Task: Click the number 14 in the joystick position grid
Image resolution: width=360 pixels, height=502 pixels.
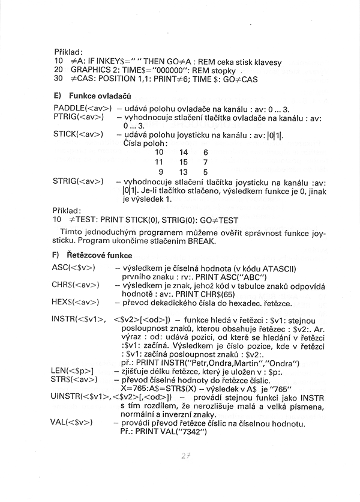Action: (x=184, y=153)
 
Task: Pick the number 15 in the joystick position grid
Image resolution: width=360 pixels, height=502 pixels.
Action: (x=184, y=162)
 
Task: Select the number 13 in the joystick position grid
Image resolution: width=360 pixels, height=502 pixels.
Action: (x=184, y=172)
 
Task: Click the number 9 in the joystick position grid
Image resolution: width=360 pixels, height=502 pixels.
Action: (x=160, y=172)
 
